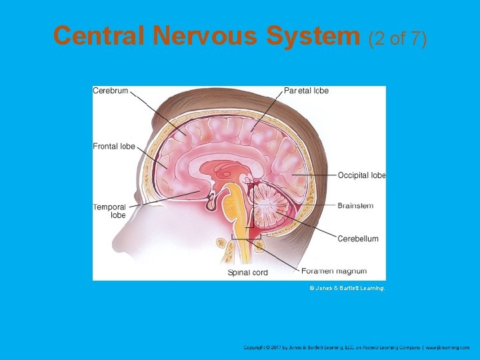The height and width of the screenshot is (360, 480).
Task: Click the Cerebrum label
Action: pos(111,91)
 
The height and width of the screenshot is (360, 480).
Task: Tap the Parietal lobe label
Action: pos(306,91)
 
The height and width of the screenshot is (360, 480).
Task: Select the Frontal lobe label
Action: pos(114,147)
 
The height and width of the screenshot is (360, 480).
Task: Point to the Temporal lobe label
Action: pos(110,211)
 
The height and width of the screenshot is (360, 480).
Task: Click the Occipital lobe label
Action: pos(361,175)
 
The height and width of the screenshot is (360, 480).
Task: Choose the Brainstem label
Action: pos(355,206)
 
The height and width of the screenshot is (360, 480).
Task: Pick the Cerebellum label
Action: pos(358,239)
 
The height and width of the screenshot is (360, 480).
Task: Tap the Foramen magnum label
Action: pos(334,271)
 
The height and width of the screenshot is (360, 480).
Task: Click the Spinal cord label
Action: pos(248,273)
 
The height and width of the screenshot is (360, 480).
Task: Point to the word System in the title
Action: pos(313,36)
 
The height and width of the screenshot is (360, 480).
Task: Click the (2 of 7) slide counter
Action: pos(397,38)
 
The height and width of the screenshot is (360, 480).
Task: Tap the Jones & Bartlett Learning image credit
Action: pos(347,288)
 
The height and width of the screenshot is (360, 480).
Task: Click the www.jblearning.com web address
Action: pos(448,347)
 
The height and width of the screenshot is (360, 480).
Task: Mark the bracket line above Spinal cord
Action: pos(245,238)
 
